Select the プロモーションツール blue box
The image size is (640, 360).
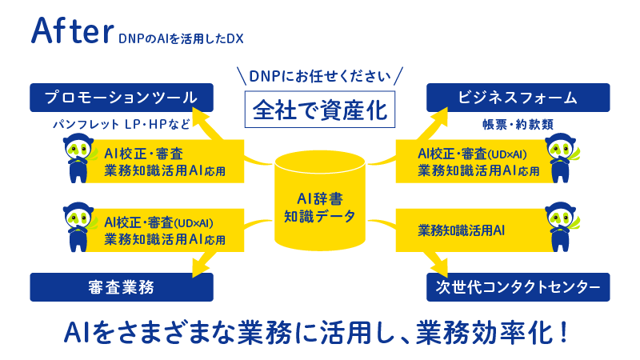click(x=122, y=98)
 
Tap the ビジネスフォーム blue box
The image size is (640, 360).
click(x=518, y=98)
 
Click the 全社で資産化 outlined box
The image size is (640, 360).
click(x=320, y=108)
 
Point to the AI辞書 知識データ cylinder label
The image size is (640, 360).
click(x=320, y=206)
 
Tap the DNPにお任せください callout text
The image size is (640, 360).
click(x=320, y=77)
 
